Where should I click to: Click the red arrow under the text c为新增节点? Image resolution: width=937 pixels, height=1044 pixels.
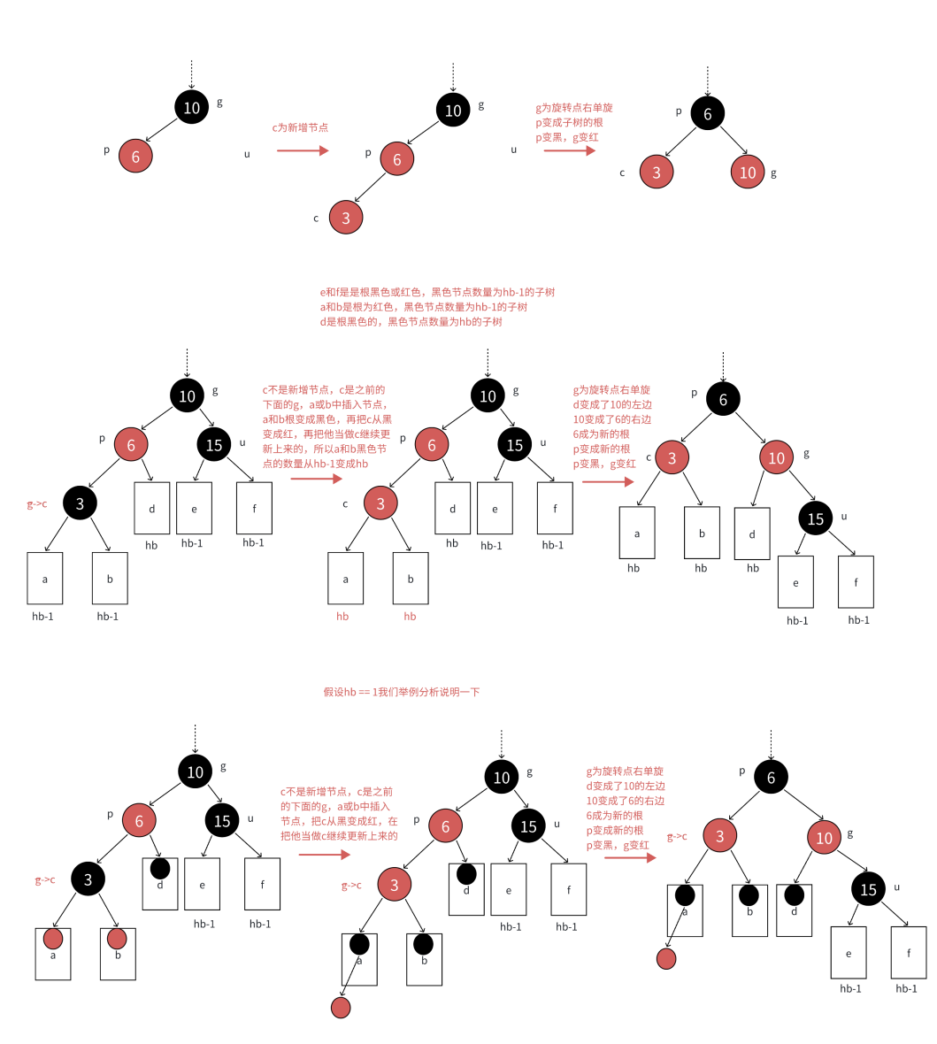coord(303,150)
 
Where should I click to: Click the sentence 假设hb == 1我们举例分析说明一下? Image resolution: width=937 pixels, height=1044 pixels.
coord(402,692)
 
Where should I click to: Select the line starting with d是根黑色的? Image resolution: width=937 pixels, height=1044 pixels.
coord(411,322)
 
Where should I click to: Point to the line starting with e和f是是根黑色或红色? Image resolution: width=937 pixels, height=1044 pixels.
coord(437,292)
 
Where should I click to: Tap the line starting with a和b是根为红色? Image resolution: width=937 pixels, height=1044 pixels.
coord(423,307)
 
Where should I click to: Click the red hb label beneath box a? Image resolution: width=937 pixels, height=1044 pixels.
coord(342,616)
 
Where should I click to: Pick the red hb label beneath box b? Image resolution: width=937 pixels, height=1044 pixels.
coord(410,616)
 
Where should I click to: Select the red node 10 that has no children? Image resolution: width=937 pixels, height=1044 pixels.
coord(748,173)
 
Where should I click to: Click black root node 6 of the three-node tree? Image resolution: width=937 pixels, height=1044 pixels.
coord(707,113)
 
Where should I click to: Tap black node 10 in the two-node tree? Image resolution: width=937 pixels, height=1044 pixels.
coord(191,108)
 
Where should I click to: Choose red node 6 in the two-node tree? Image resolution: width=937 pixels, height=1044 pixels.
coord(135,156)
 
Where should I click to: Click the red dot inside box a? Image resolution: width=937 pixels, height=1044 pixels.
coord(53,939)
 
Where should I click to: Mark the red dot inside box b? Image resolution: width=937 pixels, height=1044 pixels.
coord(117,939)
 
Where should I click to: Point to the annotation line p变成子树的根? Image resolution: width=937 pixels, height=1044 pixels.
coord(569,122)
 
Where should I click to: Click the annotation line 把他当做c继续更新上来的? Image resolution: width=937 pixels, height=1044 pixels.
coord(339,835)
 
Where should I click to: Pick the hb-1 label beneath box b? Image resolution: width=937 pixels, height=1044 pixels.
coord(108,616)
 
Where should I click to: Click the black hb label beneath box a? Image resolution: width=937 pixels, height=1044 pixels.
coord(634,568)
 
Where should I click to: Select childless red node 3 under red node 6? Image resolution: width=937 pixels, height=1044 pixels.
coord(346,218)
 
